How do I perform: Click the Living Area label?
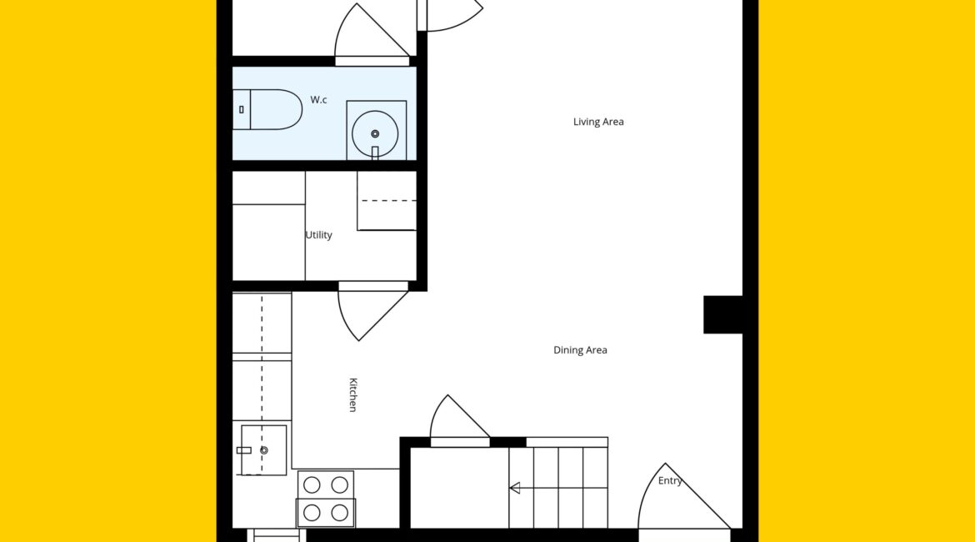(x=598, y=122)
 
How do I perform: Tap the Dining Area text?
(x=580, y=350)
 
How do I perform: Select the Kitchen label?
(x=352, y=394)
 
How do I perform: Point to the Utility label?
(x=319, y=234)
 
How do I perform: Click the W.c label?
(x=318, y=99)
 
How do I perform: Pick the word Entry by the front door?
(x=670, y=480)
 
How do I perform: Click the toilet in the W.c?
(x=267, y=109)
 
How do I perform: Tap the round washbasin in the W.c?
(x=375, y=133)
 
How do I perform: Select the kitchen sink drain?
(x=263, y=450)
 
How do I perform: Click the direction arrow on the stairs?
(x=514, y=488)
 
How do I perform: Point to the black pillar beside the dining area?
(x=723, y=315)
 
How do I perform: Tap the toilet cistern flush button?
(x=242, y=109)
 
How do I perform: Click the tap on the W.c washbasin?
(x=375, y=153)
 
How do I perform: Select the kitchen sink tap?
(x=243, y=450)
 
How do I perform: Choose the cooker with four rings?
(x=326, y=499)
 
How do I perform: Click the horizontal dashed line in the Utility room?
(x=388, y=201)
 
